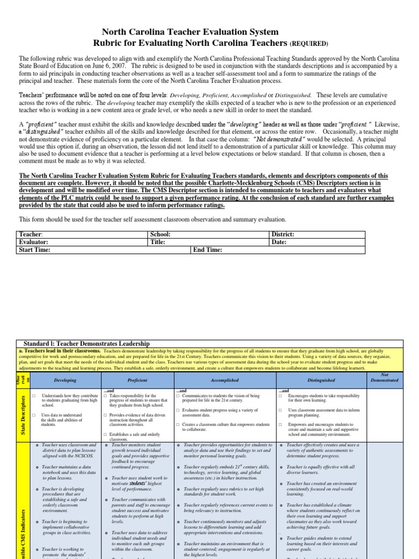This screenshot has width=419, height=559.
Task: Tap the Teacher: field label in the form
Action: tap(32, 234)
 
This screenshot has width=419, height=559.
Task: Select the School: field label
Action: tap(161, 234)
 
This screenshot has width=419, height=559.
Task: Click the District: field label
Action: tap(283, 234)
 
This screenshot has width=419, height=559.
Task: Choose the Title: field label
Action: tap(159, 242)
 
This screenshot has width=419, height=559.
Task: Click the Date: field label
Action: tap(279, 242)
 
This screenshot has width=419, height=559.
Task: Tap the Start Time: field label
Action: tap(35, 249)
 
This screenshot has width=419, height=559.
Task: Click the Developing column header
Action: tap(65, 380)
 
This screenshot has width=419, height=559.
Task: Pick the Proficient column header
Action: tap(137, 380)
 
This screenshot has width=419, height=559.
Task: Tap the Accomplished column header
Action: tap(224, 380)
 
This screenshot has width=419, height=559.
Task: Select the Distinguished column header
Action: tap(320, 380)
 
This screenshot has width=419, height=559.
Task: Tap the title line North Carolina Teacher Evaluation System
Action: tap(191, 33)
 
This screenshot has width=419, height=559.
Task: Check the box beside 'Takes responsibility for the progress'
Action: tap(105, 396)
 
